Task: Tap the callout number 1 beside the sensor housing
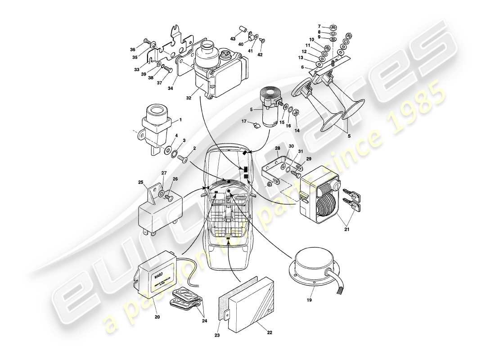(180, 120)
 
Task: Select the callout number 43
(233, 39)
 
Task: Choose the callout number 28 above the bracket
(277, 148)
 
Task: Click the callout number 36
(133, 50)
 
